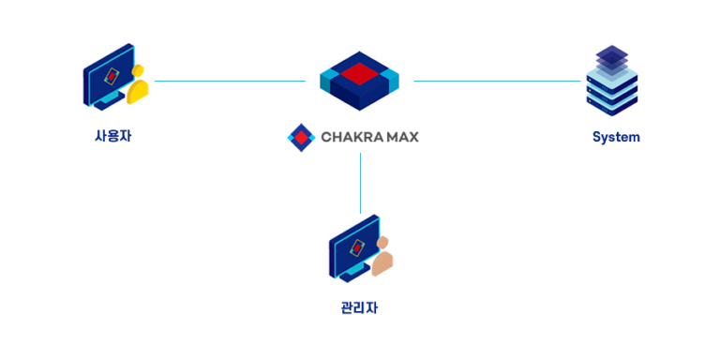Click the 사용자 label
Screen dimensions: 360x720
pyautogui.click(x=112, y=136)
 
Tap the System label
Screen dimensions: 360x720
pyautogui.click(x=615, y=137)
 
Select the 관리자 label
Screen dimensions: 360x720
pyautogui.click(x=359, y=307)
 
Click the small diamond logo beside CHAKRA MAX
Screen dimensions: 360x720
pyautogui.click(x=300, y=137)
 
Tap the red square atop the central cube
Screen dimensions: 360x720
pyautogui.click(x=359, y=70)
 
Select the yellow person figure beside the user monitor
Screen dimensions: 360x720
pyautogui.click(x=138, y=84)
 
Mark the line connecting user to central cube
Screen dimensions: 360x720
pyautogui.click(x=230, y=82)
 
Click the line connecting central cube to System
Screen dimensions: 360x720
pyautogui.click(x=497, y=82)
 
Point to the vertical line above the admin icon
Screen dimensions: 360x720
pyautogui.click(x=360, y=183)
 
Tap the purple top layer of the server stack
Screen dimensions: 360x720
pyautogui.click(x=611, y=55)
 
